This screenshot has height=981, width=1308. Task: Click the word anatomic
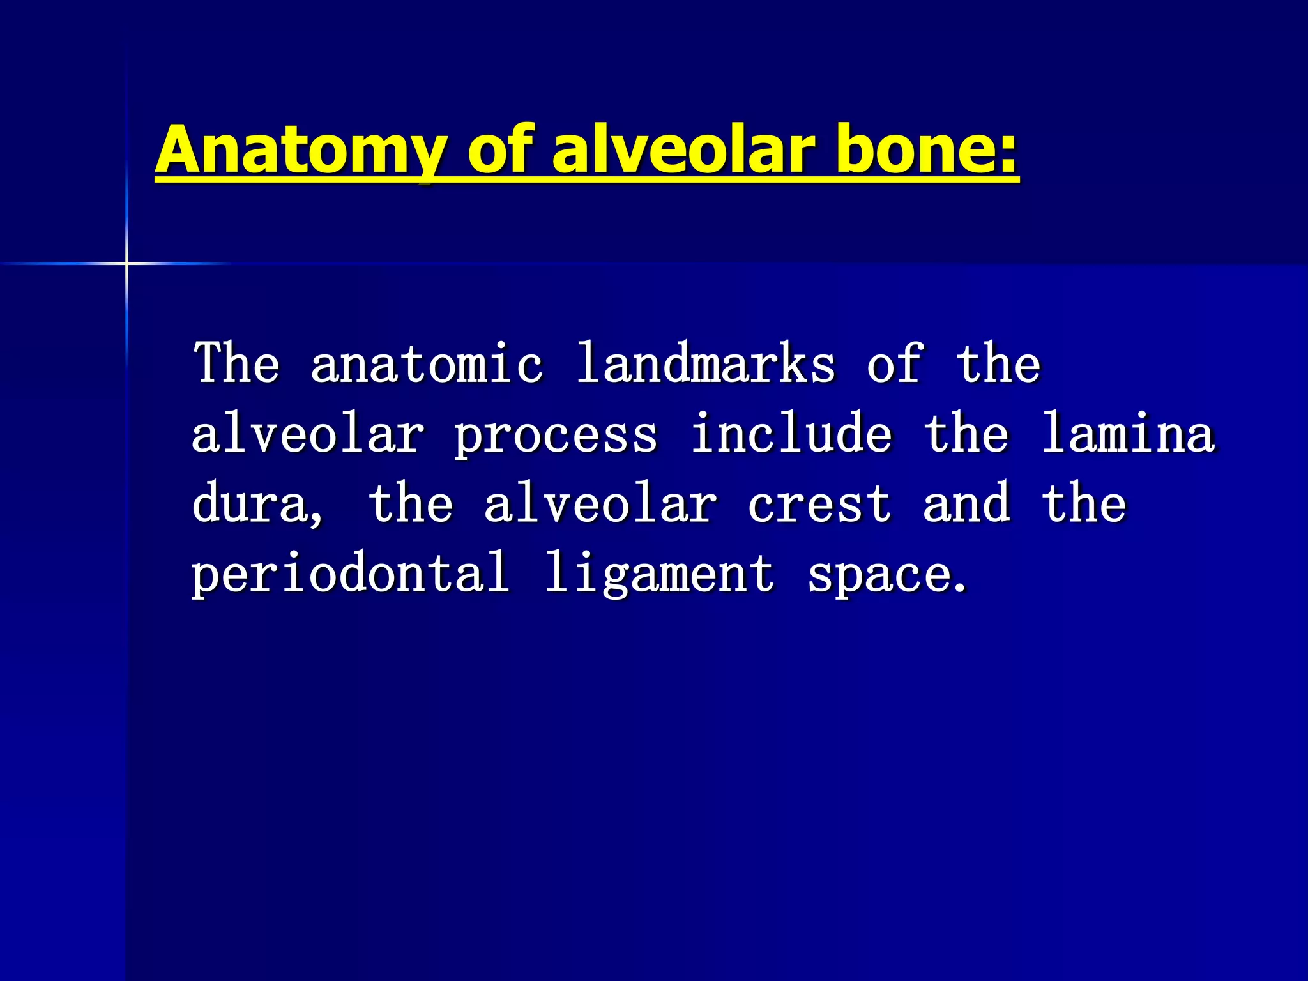[427, 364]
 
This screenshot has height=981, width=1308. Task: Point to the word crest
[819, 505]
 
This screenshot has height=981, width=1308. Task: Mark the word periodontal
[351, 574]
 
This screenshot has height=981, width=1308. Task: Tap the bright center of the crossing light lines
[126, 263]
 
